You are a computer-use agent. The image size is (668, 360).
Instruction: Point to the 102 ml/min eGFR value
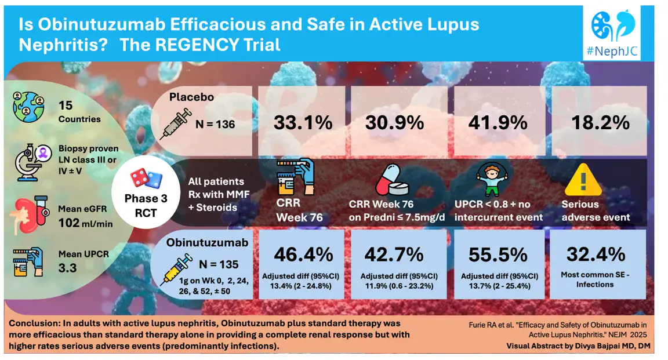coord(86,223)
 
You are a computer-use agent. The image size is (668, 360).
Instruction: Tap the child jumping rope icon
coord(491,176)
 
